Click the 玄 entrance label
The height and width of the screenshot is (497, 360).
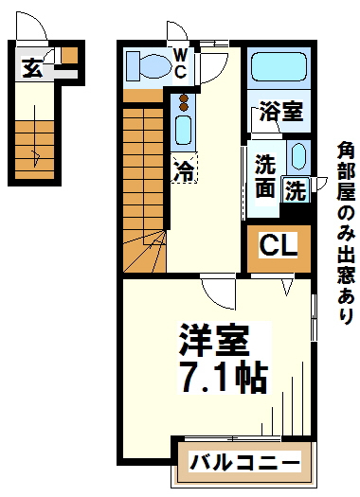(x=31, y=67)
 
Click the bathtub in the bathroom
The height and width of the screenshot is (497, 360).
(x=279, y=70)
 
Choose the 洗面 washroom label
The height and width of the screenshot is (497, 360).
(x=264, y=175)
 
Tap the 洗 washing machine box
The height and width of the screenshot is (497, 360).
(x=296, y=190)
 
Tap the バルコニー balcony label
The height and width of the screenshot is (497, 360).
(x=244, y=464)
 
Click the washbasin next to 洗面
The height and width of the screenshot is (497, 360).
(x=297, y=157)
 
